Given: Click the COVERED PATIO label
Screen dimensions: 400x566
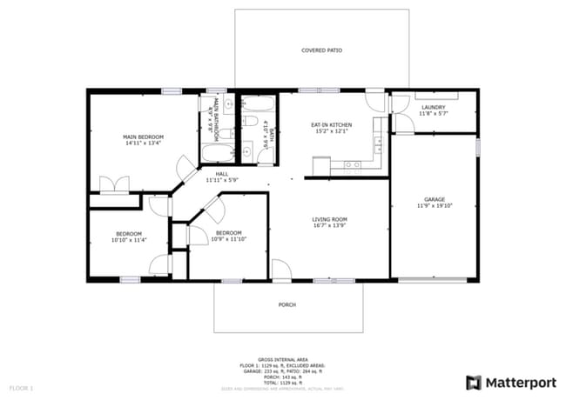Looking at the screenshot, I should click(x=321, y=50).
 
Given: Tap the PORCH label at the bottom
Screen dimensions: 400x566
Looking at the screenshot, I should click(x=286, y=304).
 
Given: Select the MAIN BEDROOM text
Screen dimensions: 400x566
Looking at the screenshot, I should click(x=143, y=137).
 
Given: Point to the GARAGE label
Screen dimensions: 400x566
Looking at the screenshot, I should click(x=433, y=199).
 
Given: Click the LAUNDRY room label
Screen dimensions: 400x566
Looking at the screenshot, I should click(x=433, y=107).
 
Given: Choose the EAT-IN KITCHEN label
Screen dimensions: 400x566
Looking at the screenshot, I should click(x=331, y=125).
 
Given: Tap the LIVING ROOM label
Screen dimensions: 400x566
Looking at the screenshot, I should click(x=330, y=219).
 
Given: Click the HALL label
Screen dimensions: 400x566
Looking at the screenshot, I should click(x=222, y=174).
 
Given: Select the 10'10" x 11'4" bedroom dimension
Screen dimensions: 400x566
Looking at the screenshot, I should click(x=129, y=239).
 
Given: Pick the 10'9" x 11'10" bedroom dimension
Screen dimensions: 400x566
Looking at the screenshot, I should click(x=228, y=239).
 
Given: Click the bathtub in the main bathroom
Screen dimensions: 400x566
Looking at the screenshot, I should click(x=215, y=154).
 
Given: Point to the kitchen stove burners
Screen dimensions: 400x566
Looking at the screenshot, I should click(x=353, y=163).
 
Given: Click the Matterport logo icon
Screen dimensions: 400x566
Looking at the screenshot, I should click(x=474, y=381).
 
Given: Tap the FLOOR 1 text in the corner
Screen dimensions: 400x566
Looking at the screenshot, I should click(x=21, y=386).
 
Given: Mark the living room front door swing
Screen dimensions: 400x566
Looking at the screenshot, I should click(x=280, y=270).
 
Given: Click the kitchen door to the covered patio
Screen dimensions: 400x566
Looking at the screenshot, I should click(x=376, y=99).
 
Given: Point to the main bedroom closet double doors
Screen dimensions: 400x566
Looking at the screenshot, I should click(x=115, y=184).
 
